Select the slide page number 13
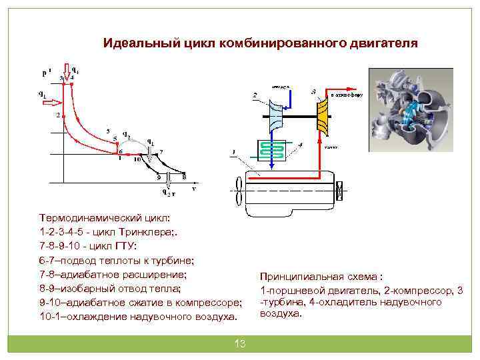[240, 343]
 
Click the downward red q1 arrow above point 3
[66, 69]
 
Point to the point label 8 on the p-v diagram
[184, 177]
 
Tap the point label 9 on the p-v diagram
[158, 177]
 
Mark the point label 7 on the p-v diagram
[151, 159]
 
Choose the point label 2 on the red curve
[58, 115]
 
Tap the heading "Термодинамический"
[87, 218]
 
